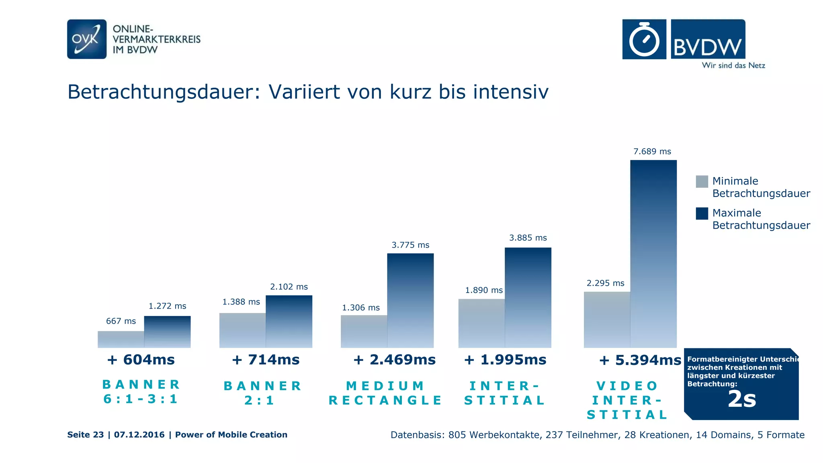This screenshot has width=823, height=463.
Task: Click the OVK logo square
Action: pos(87,39)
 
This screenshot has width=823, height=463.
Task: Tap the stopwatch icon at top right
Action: pos(644,39)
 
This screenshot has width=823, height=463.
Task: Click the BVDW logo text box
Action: pos(708,39)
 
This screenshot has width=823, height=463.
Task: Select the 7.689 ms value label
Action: pos(652,152)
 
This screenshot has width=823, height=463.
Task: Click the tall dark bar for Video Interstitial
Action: pos(653,253)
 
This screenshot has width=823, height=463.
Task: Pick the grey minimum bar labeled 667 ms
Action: pos(121,339)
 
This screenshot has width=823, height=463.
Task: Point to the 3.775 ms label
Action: pos(410,245)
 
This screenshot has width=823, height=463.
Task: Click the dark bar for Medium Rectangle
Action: pos(410,300)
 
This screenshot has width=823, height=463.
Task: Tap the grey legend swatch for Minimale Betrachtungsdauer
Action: pos(702,181)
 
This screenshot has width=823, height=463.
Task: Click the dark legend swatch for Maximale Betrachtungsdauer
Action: pos(702,213)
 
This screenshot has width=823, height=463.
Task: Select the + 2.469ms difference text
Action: pos(394,360)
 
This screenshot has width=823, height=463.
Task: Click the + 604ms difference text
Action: pos(141,360)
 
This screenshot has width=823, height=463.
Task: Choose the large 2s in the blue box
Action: pos(742,399)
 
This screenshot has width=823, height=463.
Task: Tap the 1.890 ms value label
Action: pos(484,290)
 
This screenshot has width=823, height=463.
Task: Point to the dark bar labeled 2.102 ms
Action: pos(289,321)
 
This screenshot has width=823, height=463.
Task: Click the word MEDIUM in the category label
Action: pos(385,386)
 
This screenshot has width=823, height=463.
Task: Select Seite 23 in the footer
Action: pos(85,435)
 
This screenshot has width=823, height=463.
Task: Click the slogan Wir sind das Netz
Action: pos(733,66)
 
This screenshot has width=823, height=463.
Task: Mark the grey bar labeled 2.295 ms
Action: pos(607,320)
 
